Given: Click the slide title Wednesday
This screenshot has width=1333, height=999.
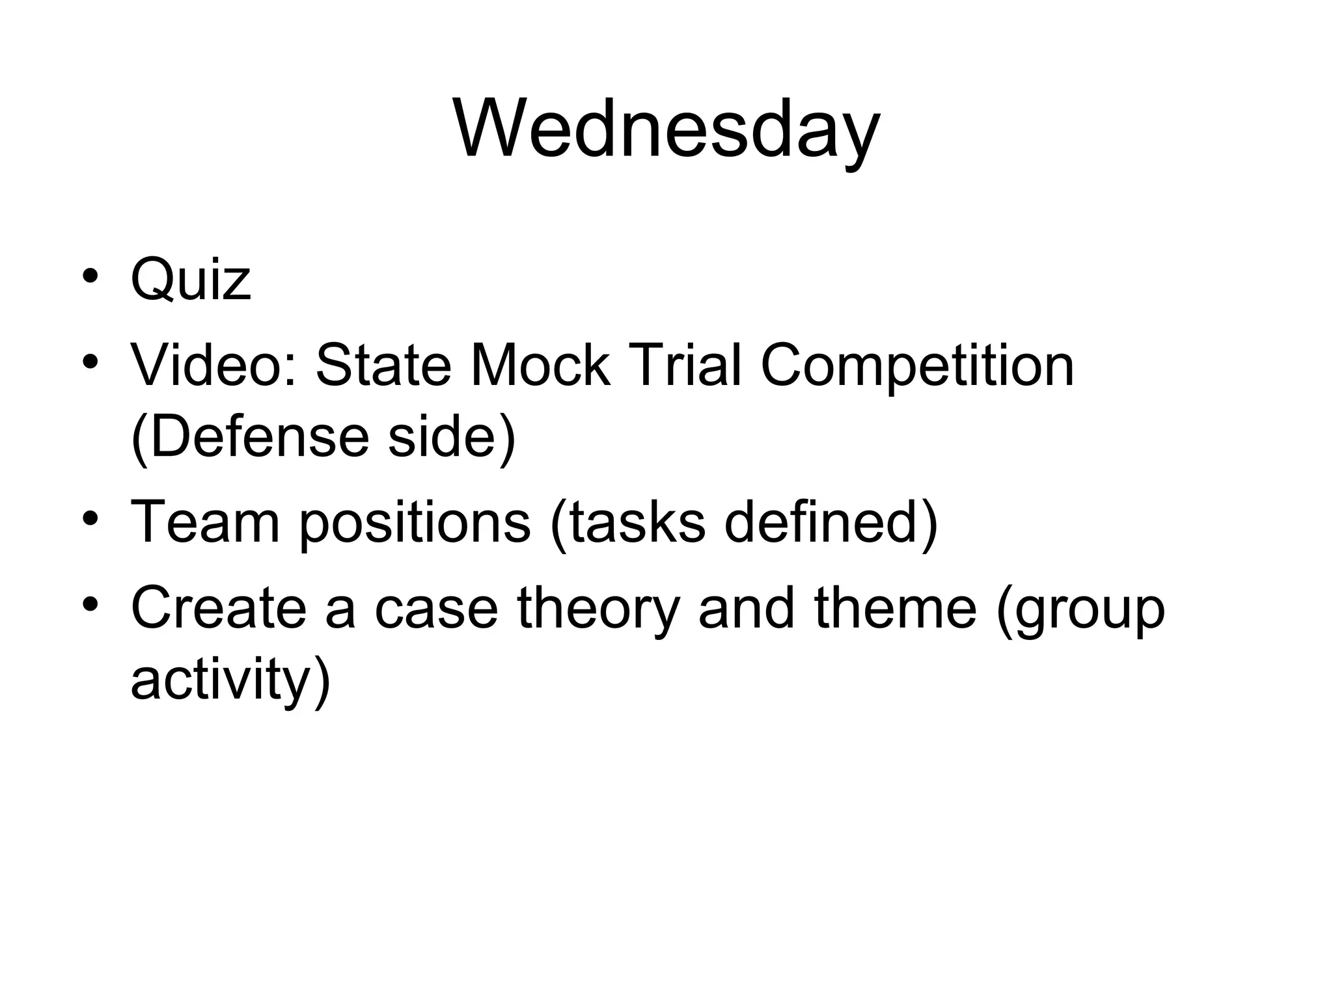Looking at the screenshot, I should [x=666, y=130].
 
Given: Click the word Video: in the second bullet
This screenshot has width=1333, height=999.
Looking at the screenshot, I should [x=214, y=366].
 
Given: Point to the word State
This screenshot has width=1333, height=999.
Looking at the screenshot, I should [x=383, y=366].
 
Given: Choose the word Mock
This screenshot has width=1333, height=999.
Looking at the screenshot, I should [x=540, y=366].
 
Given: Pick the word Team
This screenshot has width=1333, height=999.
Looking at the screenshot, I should [x=205, y=522].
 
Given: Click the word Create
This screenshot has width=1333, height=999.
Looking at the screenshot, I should [x=218, y=609].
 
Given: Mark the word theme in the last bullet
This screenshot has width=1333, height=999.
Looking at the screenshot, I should [x=895, y=609].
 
